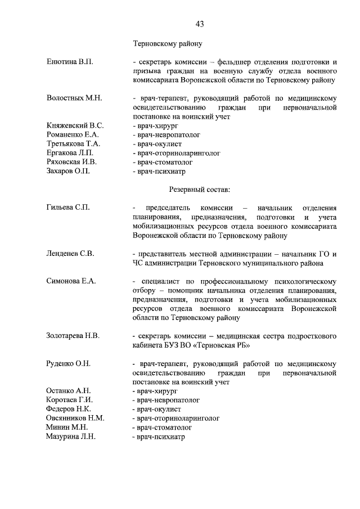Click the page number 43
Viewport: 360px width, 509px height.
point(200,24)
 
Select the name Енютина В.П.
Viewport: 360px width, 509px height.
point(69,61)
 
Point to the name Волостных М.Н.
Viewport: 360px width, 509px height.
point(74,98)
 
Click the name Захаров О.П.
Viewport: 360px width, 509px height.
point(69,170)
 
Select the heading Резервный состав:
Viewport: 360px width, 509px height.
point(199,190)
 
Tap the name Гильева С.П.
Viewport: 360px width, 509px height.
point(68,208)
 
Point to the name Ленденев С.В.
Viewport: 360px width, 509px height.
point(70,254)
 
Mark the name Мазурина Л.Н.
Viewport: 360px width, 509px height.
point(71,436)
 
